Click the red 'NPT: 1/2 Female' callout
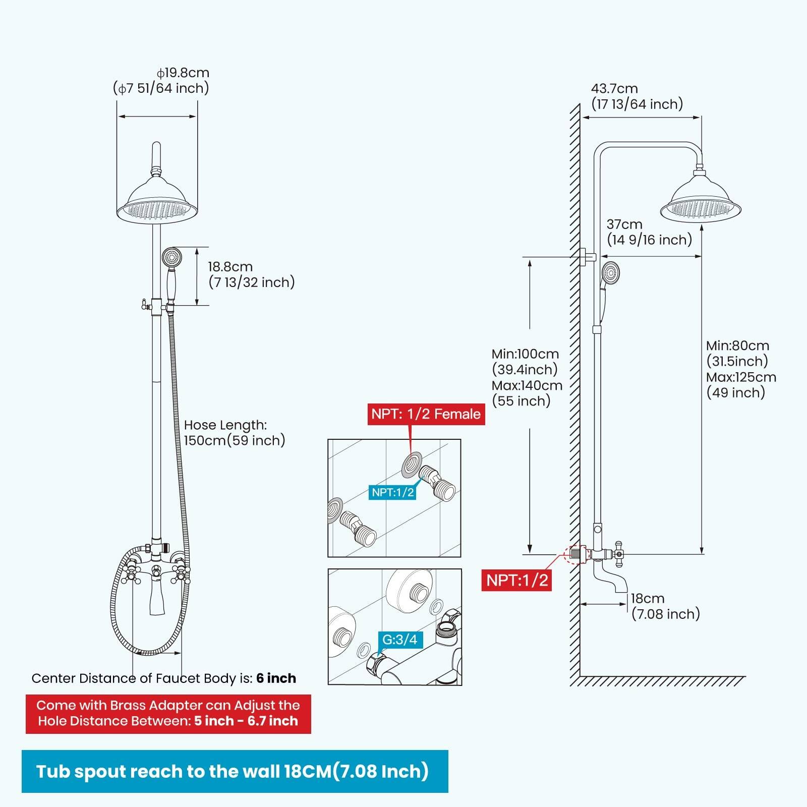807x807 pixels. (x=426, y=414)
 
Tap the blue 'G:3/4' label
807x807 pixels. (x=399, y=640)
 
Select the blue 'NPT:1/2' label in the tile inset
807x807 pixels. (x=393, y=492)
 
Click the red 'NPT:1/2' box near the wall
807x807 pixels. (x=516, y=580)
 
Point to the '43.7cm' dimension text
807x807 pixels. (x=614, y=89)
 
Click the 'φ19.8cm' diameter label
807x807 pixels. (x=183, y=73)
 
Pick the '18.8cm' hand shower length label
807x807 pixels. (x=230, y=267)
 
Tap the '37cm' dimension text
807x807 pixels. (x=624, y=224)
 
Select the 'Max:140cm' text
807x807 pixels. (x=527, y=385)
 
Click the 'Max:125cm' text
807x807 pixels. (x=740, y=377)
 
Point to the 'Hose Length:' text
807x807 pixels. (x=225, y=425)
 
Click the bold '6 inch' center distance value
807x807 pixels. (x=276, y=678)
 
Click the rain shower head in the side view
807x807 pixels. (x=700, y=202)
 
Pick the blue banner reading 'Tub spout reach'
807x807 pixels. (x=235, y=771)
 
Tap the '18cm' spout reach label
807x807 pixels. (x=648, y=599)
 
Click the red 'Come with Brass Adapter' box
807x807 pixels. (x=168, y=713)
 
